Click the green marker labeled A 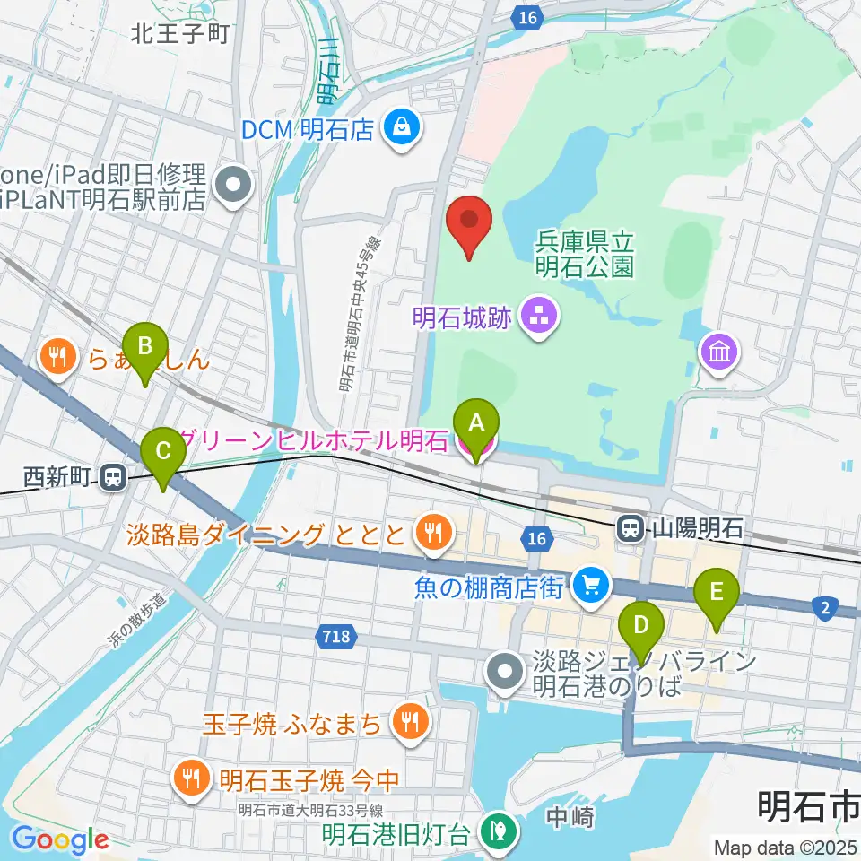[x=476, y=422]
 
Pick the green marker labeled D [x=641, y=625]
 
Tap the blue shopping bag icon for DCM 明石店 [x=399, y=126]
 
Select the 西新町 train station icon [x=112, y=477]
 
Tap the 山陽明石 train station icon [x=631, y=527]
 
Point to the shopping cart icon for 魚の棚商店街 [x=591, y=587]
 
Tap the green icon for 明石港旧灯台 [x=495, y=833]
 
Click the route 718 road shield [x=337, y=637]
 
